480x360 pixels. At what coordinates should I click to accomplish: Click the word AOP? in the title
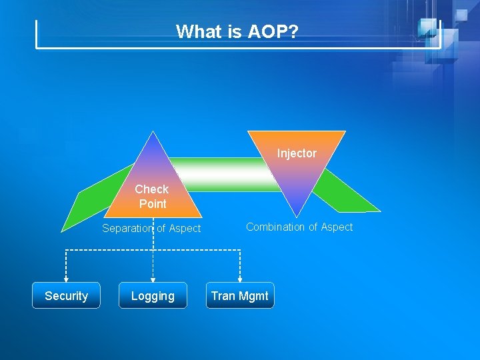tap(273, 31)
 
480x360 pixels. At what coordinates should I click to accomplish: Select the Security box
tap(66, 296)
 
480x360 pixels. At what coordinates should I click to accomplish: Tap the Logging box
tap(153, 296)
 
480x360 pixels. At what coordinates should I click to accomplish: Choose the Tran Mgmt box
tap(239, 296)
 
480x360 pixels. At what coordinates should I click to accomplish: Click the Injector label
tap(297, 153)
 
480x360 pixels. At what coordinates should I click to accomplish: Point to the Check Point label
tap(152, 196)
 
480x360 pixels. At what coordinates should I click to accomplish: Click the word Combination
tap(276, 227)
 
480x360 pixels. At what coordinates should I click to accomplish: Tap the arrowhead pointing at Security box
tap(66, 279)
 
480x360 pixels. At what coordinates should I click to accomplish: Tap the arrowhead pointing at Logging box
tap(153, 279)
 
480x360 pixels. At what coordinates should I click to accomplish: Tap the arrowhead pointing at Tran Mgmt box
tap(240, 279)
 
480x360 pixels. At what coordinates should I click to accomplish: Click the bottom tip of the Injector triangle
tap(296, 215)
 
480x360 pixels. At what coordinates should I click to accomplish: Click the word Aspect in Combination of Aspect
tap(335, 227)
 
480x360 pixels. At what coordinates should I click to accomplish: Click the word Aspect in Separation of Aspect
tap(184, 229)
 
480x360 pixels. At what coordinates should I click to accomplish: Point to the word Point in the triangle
tap(153, 204)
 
